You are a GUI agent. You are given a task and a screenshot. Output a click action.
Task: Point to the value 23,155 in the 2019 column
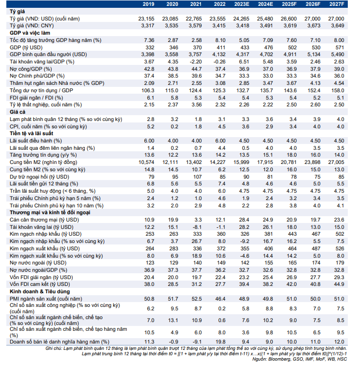tap(146, 18)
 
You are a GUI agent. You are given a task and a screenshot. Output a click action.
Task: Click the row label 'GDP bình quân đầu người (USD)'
tap(47, 54)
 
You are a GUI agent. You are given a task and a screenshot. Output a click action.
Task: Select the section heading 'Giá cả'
tap(18, 112)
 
